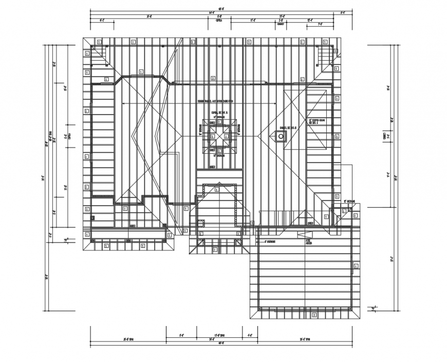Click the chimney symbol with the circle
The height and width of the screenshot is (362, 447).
click(281, 136)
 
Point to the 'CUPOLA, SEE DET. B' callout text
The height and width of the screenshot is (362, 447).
click(219, 112)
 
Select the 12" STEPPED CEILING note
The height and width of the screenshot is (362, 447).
click(317, 122)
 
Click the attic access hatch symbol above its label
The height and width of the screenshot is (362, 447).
click(302, 234)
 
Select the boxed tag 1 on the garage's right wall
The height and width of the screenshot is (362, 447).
click(354, 266)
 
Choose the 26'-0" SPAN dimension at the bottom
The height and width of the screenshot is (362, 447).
click(128, 339)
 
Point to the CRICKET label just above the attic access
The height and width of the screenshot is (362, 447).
click(310, 224)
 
